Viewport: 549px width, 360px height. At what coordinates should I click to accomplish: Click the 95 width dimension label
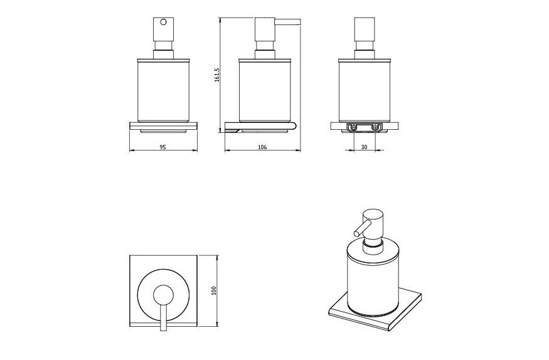coord(163,147)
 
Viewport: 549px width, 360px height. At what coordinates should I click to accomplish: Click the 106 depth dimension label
coord(262,147)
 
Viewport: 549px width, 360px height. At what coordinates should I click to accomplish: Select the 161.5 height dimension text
coord(216,75)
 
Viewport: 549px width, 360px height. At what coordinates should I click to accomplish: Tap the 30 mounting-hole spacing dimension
coord(364,147)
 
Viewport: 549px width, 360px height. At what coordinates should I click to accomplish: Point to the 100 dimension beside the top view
coord(214,291)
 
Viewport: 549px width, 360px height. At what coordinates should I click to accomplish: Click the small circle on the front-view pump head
coord(163,22)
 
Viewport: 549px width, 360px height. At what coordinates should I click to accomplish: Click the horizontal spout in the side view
coord(288,22)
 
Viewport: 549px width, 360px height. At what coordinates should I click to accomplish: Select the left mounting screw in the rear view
coord(353,127)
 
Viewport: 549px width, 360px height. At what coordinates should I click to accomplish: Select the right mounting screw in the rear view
coord(376,127)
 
